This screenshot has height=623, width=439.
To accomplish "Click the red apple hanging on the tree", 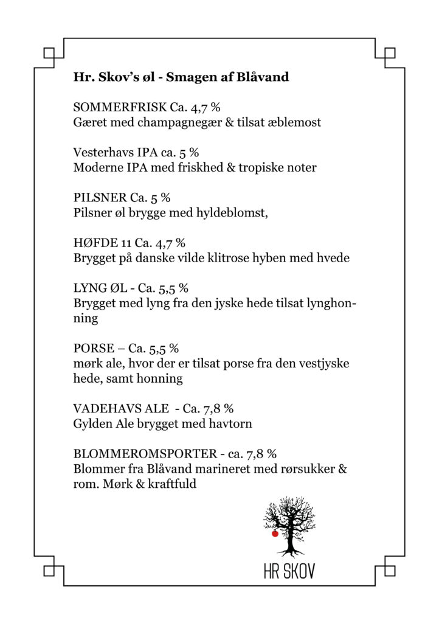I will [x=275, y=534].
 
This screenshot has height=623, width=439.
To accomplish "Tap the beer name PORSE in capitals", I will [x=92, y=349].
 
